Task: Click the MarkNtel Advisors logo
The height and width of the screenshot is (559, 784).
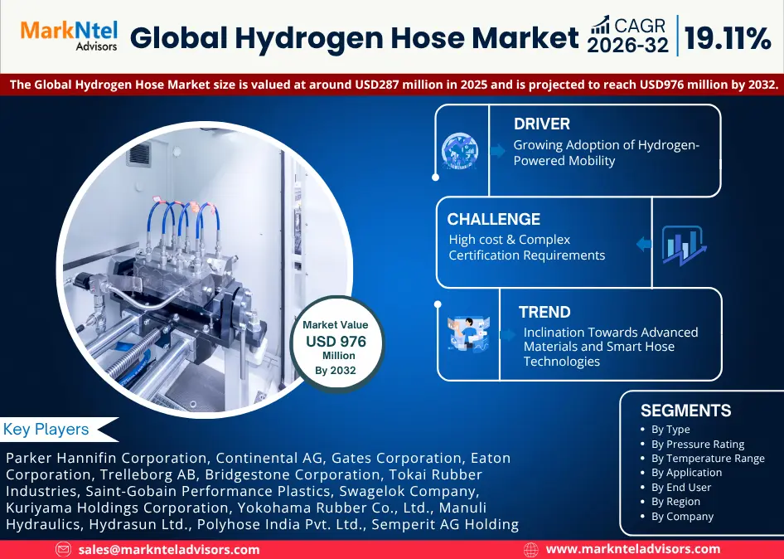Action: pyautogui.click(x=69, y=36)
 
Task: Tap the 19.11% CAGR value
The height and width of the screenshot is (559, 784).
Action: pyautogui.click(x=728, y=37)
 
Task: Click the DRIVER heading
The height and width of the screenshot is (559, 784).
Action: pyautogui.click(x=541, y=124)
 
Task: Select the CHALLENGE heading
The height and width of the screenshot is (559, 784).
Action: pyautogui.click(x=493, y=220)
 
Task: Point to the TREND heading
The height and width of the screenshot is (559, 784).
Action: pyautogui.click(x=544, y=313)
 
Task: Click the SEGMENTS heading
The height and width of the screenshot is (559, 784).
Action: pyautogui.click(x=685, y=411)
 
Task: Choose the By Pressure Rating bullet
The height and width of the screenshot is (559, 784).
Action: pyautogui.click(x=697, y=444)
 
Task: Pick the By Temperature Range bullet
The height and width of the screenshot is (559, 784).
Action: pyautogui.click(x=707, y=458)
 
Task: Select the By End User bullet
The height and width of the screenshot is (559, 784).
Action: pyautogui.click(x=680, y=487)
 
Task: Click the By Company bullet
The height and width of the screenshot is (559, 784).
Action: pyautogui.click(x=682, y=516)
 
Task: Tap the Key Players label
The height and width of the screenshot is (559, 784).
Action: pyautogui.click(x=46, y=430)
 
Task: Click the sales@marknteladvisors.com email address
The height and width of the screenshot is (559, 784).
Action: pyautogui.click(x=169, y=549)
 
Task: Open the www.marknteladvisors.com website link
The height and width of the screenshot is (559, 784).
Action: pyautogui.click(x=632, y=549)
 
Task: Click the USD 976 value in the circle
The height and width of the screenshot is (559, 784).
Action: pyautogui.click(x=335, y=341)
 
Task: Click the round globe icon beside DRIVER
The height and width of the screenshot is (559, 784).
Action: pyautogui.click(x=459, y=151)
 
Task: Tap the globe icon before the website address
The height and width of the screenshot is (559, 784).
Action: pyautogui.click(x=531, y=549)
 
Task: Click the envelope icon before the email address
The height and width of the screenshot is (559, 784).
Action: pyautogui.click(x=63, y=549)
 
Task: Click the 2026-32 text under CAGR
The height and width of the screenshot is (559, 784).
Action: pyautogui.click(x=627, y=46)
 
